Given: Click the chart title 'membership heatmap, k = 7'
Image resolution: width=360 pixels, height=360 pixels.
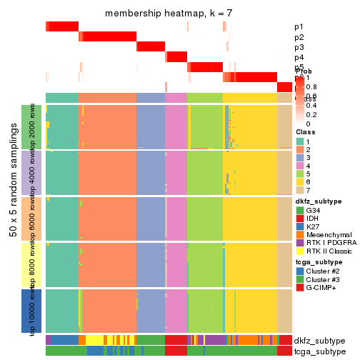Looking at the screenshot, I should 169,14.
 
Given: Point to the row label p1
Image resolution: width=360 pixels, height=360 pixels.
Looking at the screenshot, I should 299,27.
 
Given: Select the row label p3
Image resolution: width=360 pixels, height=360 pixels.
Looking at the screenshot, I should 299,47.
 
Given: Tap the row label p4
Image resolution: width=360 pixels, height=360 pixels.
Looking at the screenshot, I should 299,57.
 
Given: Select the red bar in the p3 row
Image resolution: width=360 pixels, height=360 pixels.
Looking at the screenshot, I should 151,47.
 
